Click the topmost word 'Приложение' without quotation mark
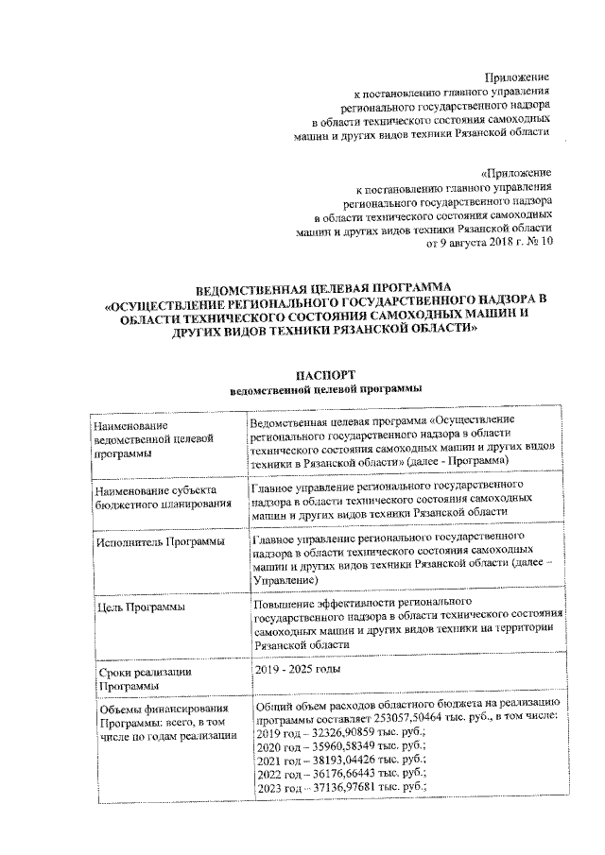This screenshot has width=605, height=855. pos(517,76)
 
